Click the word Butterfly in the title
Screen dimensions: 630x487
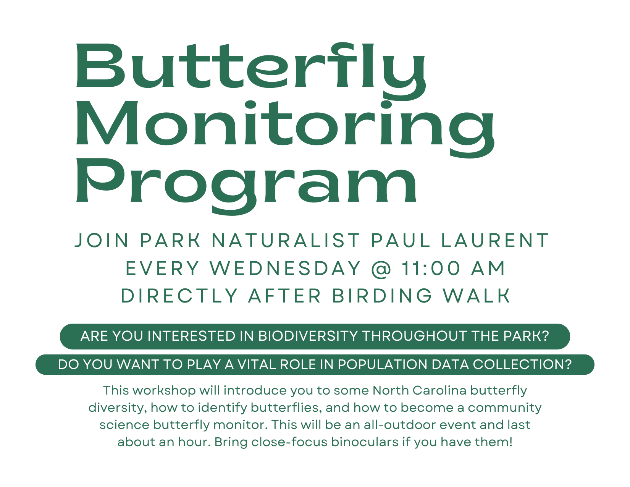click(251, 71)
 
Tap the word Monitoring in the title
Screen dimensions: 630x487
click(285, 129)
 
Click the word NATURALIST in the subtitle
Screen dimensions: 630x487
click(286, 241)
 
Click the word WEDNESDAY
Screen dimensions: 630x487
click(285, 268)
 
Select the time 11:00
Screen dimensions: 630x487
click(431, 268)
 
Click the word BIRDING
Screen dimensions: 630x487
click(382, 296)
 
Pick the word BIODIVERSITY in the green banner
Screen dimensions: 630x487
click(308, 336)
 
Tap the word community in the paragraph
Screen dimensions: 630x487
click(504, 408)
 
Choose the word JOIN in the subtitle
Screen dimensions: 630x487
click(102, 241)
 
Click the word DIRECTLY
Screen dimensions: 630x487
click(179, 296)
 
